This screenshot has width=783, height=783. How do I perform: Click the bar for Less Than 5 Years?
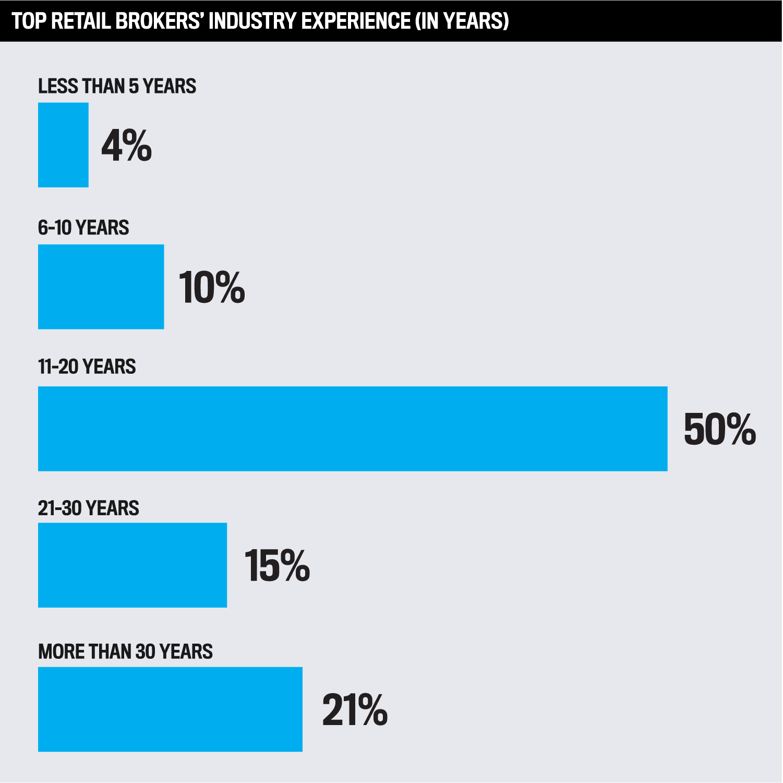(63, 145)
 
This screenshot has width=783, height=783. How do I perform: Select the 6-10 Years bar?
(101, 287)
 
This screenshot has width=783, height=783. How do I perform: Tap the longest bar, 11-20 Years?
(353, 429)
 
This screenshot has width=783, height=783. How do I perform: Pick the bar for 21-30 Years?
(132, 565)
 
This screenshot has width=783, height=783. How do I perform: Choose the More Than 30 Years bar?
(170, 709)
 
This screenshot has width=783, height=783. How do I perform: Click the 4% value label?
(126, 146)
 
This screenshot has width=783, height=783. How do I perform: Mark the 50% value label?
(719, 429)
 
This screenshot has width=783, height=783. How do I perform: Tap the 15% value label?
(277, 565)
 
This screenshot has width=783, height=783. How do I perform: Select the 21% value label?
(355, 710)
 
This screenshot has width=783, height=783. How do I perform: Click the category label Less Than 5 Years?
(117, 86)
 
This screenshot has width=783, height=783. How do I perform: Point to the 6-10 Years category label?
(83, 228)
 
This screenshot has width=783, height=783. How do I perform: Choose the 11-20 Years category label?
(87, 367)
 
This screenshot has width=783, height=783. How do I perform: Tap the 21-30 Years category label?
(88, 508)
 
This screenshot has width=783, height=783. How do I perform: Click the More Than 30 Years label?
(125, 651)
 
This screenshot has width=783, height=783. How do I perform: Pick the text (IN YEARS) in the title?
(462, 21)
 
